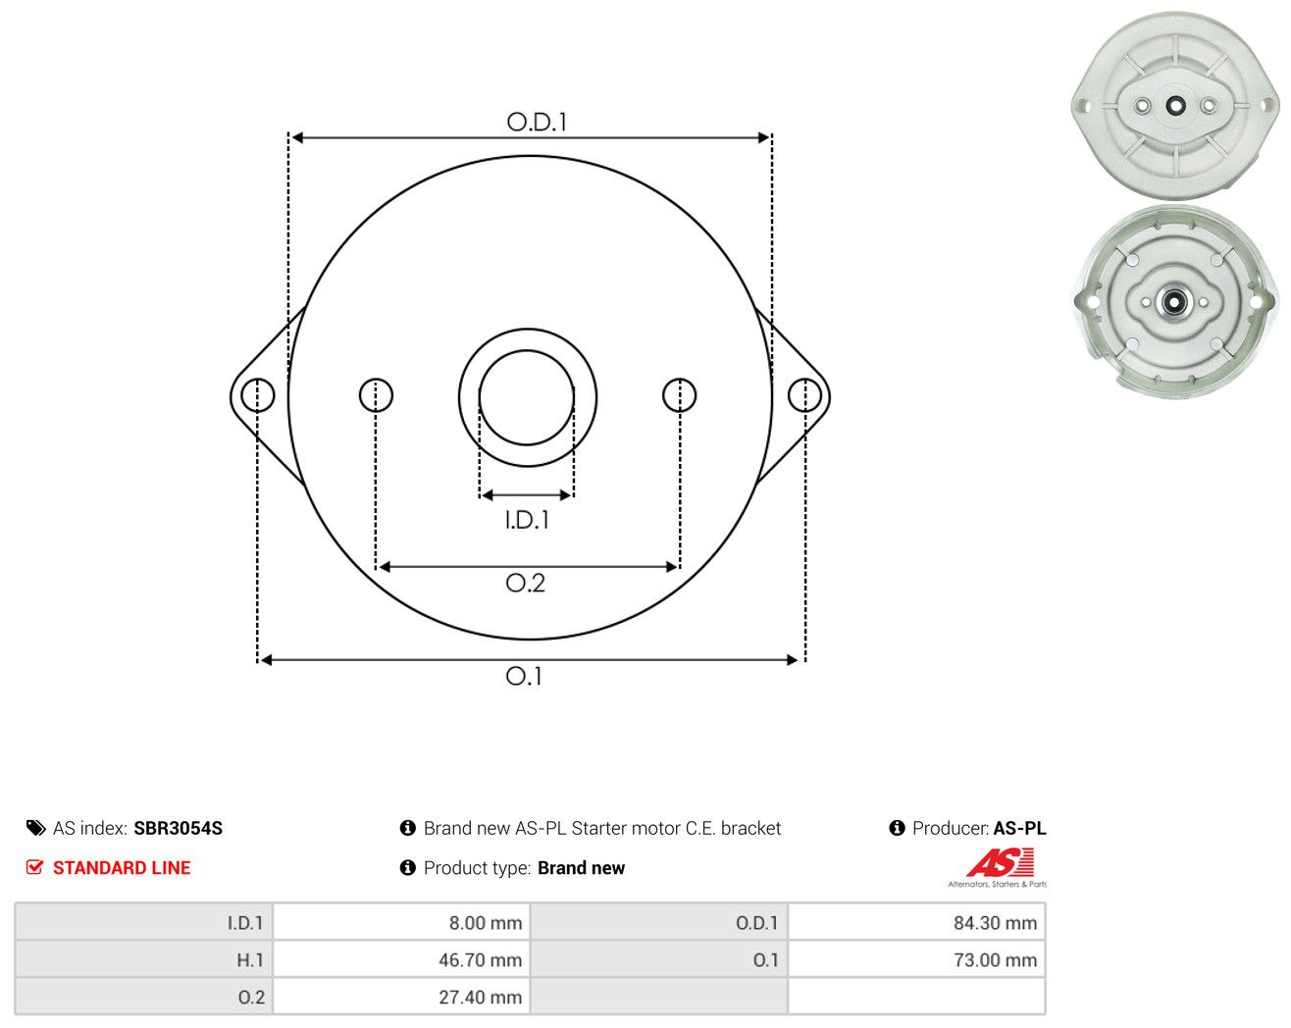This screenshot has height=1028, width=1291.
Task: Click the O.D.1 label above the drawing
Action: click(537, 122)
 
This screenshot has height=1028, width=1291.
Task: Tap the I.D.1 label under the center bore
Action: click(527, 520)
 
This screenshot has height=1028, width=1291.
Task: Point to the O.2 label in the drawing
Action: click(526, 583)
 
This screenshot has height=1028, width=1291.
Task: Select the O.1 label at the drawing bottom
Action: click(524, 676)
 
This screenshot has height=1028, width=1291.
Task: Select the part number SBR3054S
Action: click(178, 828)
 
